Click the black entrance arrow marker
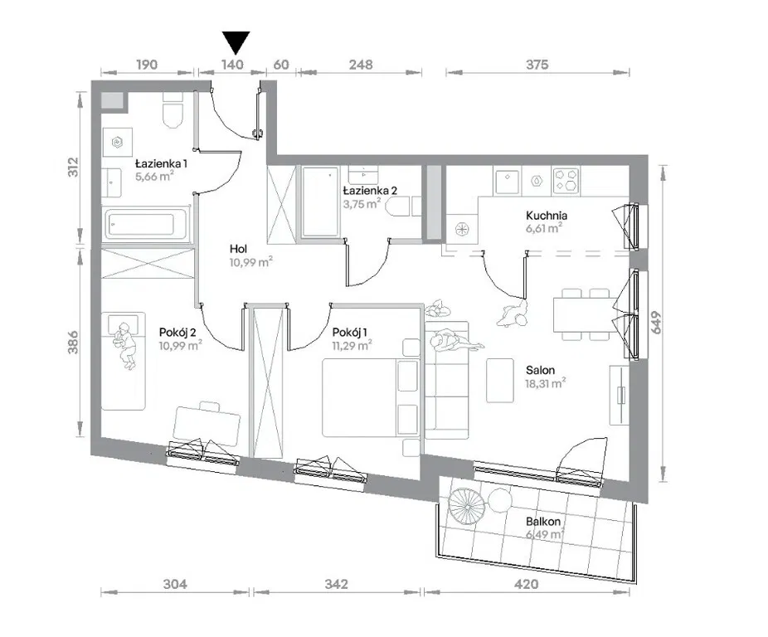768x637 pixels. point(236,42)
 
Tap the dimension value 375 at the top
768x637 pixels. point(537,65)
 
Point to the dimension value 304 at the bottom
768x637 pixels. point(175,584)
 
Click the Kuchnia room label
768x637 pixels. point(547,215)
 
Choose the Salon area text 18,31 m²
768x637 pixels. point(546,384)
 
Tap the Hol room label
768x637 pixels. point(239,249)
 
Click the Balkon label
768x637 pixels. point(543,522)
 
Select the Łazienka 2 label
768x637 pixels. point(370,191)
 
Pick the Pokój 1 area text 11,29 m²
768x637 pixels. point(352,346)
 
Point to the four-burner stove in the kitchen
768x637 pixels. point(566,180)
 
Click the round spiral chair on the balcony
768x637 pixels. point(467,506)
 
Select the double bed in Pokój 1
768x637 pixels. point(371,397)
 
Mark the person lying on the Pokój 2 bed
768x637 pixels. point(125,345)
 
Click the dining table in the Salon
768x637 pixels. point(582,314)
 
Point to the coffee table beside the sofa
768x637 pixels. point(500,380)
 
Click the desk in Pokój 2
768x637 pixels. point(207,425)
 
